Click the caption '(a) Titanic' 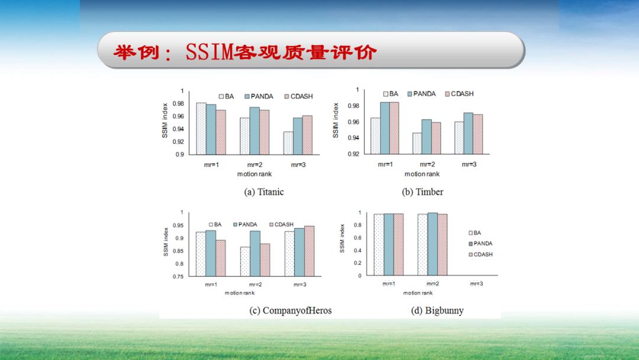264,192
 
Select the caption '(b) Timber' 422,192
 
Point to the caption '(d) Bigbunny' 437,310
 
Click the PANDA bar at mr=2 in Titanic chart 254,130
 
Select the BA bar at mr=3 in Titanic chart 288,143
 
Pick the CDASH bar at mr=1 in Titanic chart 221,132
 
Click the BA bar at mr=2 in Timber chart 417,143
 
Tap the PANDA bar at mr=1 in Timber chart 385,128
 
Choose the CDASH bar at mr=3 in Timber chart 478,134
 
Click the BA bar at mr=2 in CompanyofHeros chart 245,261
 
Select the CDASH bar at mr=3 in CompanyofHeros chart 308,251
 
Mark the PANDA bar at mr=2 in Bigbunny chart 433,244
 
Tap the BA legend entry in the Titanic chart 226,95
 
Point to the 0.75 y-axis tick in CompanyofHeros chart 178,277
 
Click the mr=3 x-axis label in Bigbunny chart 476,284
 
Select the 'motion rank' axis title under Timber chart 422,174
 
